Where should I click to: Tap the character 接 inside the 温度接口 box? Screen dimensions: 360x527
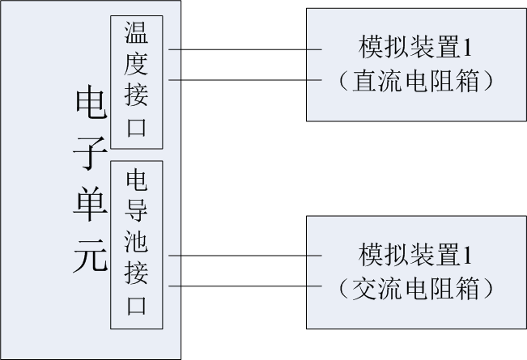136,96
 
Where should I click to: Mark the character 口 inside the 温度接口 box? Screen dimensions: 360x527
136,128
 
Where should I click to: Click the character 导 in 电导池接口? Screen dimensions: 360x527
136,210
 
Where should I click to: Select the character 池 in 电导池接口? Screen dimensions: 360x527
136,242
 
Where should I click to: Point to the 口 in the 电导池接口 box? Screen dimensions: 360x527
136,307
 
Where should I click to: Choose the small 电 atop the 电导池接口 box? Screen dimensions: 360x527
136,178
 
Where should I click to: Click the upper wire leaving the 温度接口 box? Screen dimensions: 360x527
243,50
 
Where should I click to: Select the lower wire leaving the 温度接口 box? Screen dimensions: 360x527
243,80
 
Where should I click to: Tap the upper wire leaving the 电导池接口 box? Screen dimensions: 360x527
243,256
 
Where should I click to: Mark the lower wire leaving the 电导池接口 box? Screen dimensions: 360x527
243,286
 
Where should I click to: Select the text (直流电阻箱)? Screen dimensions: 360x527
415,80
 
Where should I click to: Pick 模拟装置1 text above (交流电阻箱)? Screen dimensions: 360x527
415,256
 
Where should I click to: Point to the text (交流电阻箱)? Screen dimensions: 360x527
415,287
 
